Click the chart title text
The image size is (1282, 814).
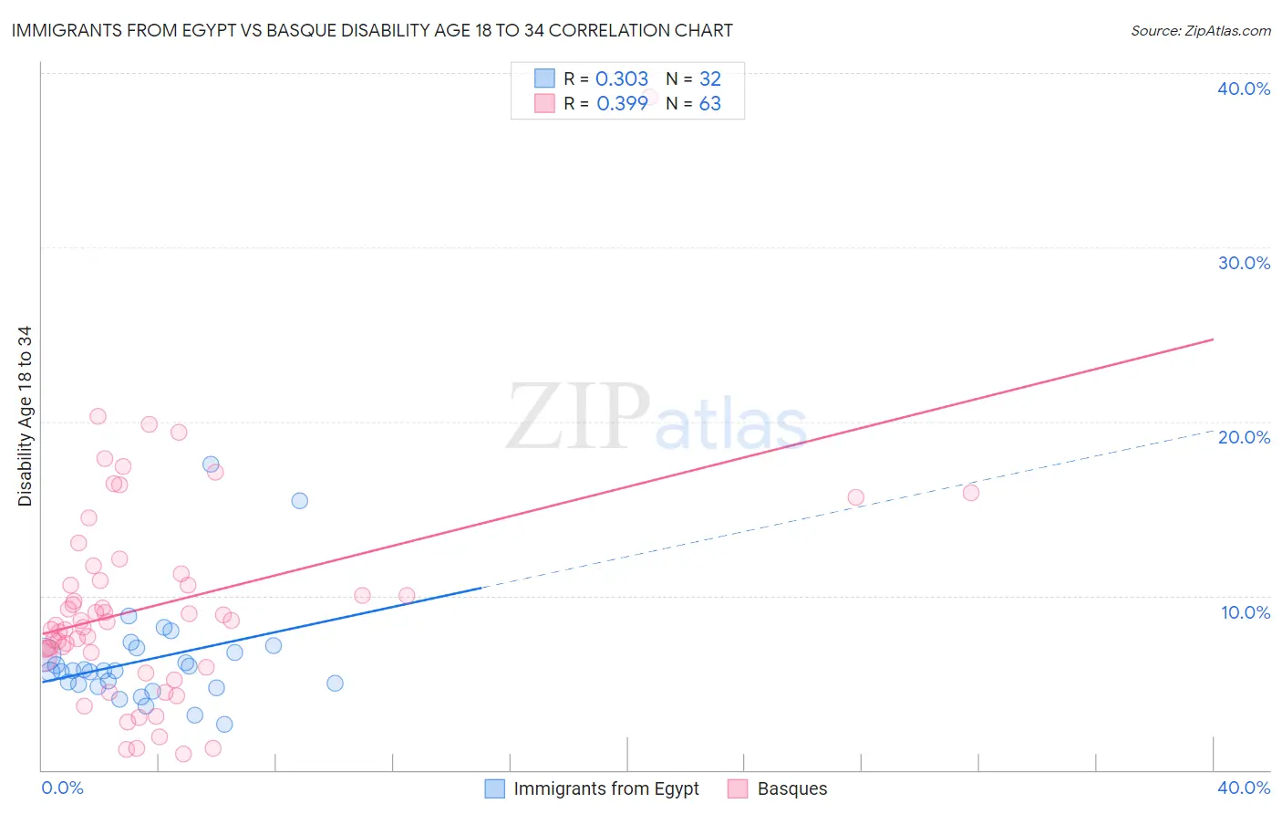pyautogui.click(x=372, y=31)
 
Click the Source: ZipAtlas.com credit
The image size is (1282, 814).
pyautogui.click(x=1200, y=31)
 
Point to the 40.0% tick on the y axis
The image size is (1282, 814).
pyautogui.click(x=1243, y=89)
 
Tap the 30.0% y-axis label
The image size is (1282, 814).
pyautogui.click(x=1243, y=263)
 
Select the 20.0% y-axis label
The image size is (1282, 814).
pyautogui.click(x=1243, y=437)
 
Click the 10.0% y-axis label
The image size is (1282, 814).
pyautogui.click(x=1245, y=612)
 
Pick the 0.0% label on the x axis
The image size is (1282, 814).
pyautogui.click(x=62, y=788)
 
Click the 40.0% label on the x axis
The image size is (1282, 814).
pyautogui.click(x=1243, y=788)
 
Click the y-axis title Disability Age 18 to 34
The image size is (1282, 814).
pyautogui.click(x=25, y=416)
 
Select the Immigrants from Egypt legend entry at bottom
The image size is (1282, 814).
pyautogui.click(x=605, y=788)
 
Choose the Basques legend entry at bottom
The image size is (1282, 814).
pyautogui.click(x=791, y=788)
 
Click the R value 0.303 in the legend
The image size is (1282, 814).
pyautogui.click(x=621, y=79)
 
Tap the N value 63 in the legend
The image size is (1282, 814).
pyautogui.click(x=709, y=104)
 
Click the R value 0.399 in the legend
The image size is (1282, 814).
pyautogui.click(x=622, y=104)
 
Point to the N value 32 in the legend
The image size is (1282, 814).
pyautogui.click(x=709, y=79)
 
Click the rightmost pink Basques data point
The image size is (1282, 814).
pyautogui.click(x=970, y=493)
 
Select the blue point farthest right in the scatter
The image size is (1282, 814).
pyautogui.click(x=335, y=684)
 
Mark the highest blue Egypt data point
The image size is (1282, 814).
pyautogui.click(x=211, y=464)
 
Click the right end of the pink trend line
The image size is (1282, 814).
pyautogui.click(x=1213, y=339)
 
